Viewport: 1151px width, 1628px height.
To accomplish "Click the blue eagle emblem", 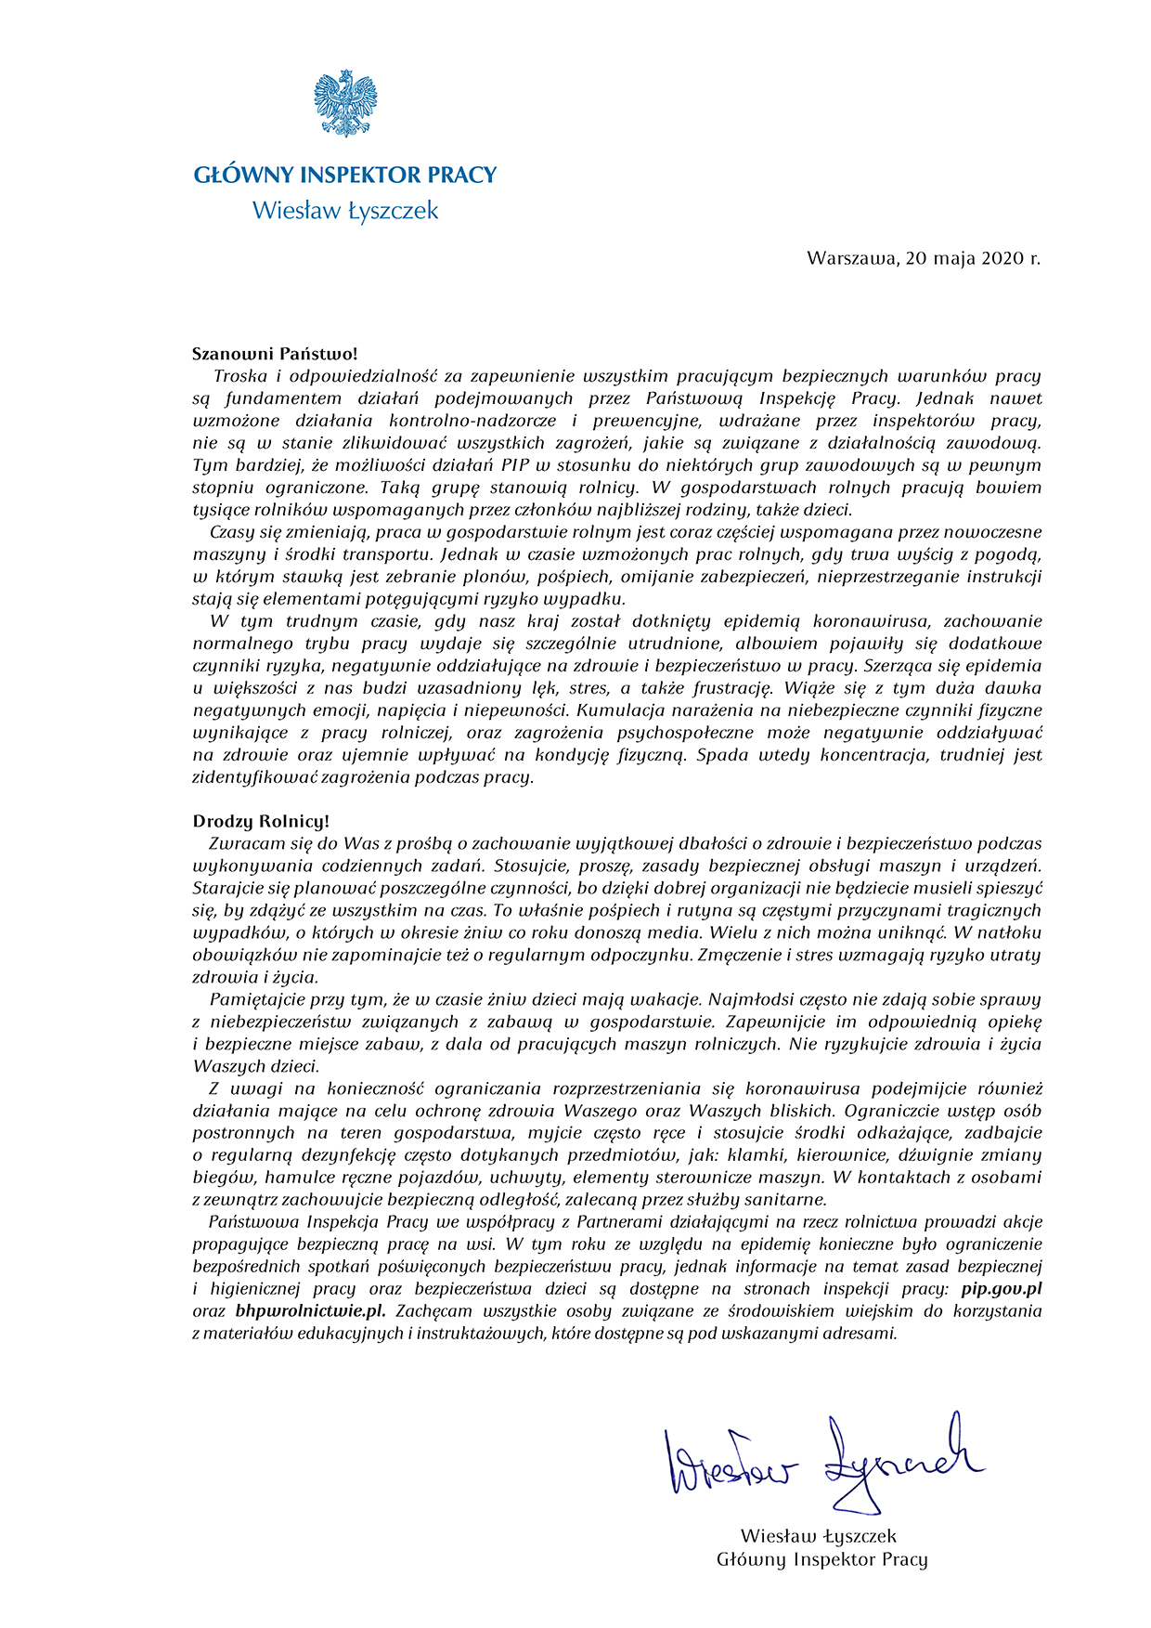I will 345,103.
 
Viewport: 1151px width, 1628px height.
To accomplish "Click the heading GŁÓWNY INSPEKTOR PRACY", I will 345,175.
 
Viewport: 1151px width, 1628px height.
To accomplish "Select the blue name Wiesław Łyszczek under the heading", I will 345,211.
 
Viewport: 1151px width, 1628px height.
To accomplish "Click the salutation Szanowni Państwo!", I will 275,354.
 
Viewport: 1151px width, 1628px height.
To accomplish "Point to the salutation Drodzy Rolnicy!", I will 261,822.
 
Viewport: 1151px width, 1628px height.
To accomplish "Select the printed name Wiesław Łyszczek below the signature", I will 819,1537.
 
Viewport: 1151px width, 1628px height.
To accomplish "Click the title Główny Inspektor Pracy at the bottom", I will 821,1559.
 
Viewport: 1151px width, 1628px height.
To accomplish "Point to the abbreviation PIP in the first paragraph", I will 517,465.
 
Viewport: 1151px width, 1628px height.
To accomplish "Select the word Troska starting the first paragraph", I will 241,376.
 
